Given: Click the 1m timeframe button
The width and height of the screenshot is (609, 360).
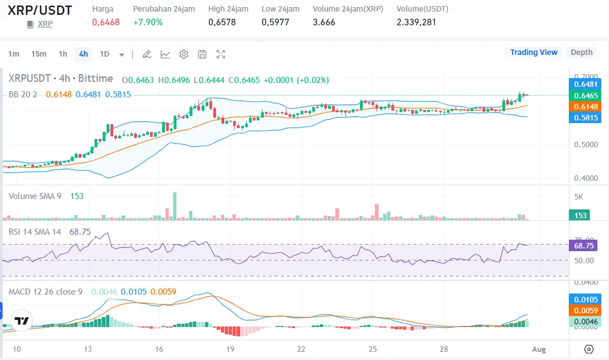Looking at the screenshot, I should (x=14, y=54).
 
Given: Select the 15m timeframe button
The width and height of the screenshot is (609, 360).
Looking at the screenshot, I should (x=39, y=54).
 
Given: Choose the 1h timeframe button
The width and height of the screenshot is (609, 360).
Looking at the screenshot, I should (x=63, y=54).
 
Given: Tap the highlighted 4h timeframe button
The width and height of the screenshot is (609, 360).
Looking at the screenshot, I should (x=84, y=54).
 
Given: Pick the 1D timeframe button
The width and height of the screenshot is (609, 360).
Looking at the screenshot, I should (x=104, y=54).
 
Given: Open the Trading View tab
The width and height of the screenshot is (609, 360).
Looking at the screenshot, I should (x=533, y=52).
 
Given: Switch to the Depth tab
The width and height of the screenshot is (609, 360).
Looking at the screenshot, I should (x=582, y=52).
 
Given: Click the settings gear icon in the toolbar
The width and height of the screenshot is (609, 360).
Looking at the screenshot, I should (x=184, y=54).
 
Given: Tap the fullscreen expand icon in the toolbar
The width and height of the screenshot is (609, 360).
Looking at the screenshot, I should (x=221, y=54).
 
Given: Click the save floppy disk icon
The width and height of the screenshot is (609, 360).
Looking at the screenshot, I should (x=202, y=54).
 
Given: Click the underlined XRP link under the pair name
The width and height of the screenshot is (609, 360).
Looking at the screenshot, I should (x=45, y=24).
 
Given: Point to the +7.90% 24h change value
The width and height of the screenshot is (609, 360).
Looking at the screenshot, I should (x=148, y=23).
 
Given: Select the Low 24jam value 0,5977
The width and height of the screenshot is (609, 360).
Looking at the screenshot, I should (x=275, y=23).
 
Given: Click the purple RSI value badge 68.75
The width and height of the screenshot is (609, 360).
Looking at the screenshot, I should (x=583, y=246).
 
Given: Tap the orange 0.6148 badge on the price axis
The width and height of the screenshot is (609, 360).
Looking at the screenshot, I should (x=584, y=106).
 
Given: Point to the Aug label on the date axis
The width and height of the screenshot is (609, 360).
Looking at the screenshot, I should (x=539, y=349).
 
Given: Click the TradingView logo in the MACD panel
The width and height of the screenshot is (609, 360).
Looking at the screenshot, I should (x=21, y=321).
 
